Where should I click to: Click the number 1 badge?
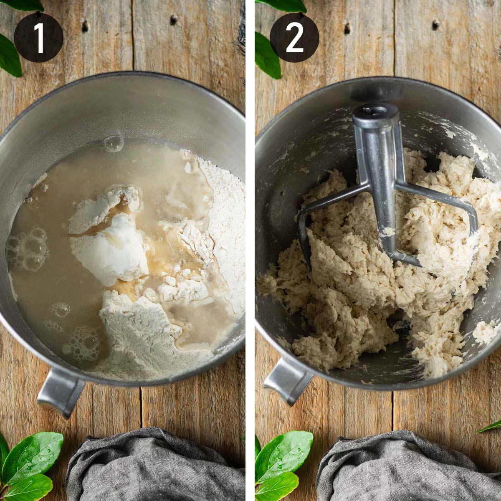pyautogui.click(x=38, y=38)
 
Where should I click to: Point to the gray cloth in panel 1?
pyautogui.click(x=154, y=468)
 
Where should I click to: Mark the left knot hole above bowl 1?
pyautogui.click(x=85, y=26)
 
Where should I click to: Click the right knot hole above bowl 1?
pyautogui.click(x=173, y=19)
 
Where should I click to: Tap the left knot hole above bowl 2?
pyautogui.click(x=347, y=28)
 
